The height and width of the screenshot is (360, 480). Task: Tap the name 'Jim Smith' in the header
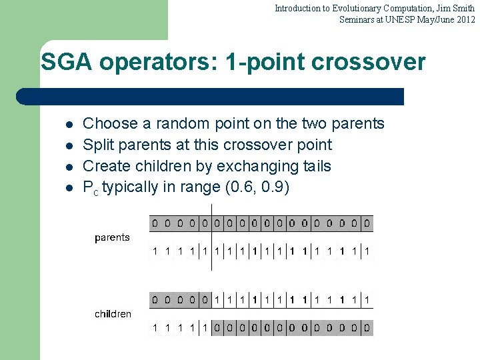click(455, 8)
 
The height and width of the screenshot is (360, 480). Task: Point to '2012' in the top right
click(465, 19)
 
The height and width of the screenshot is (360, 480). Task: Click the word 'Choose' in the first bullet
click(105, 123)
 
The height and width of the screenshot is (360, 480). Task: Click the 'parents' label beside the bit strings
click(112, 237)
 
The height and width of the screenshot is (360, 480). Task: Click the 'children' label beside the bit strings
click(113, 313)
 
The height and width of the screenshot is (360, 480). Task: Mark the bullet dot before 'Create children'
click(69, 167)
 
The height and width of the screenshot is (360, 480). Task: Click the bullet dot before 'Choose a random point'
click(69, 124)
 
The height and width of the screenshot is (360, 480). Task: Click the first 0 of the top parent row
click(155, 223)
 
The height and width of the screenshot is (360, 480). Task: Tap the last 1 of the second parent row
click(367, 251)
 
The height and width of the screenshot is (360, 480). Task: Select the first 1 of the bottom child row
click(155, 327)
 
